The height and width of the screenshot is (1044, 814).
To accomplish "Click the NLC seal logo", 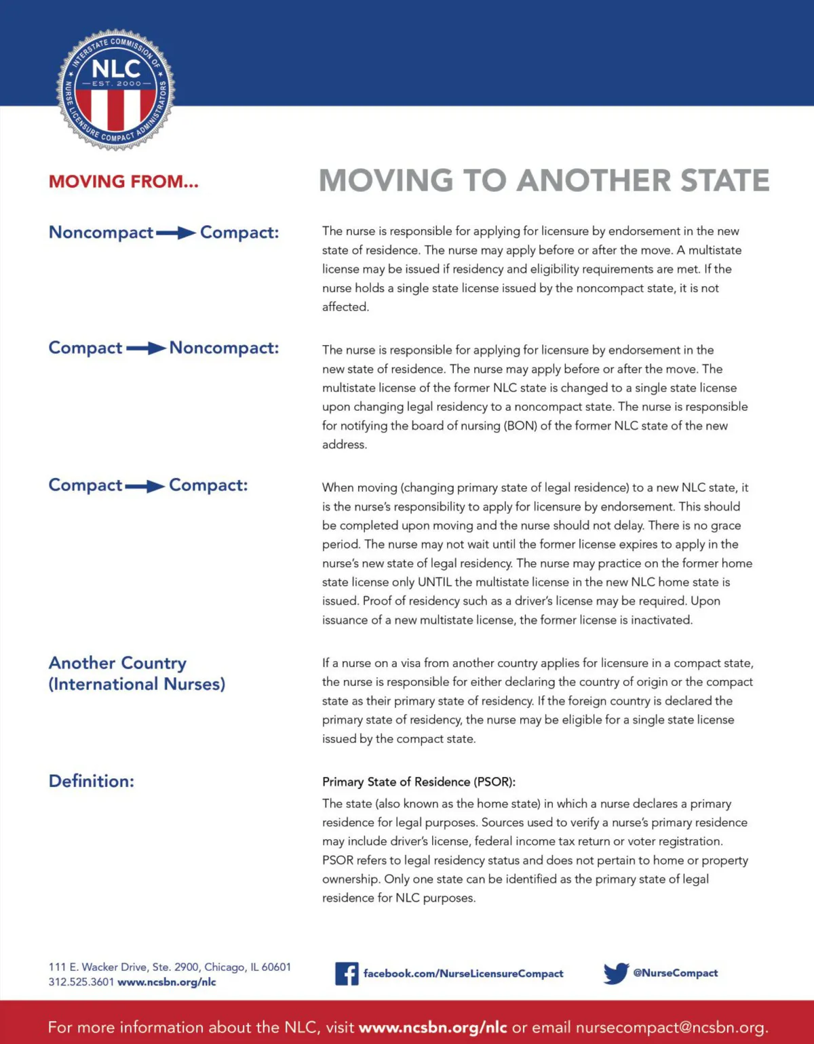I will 115,89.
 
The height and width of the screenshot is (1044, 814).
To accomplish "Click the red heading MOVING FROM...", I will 123,182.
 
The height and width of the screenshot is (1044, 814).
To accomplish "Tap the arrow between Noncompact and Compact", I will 176,233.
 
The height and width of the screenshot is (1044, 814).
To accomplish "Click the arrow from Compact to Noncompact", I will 146,348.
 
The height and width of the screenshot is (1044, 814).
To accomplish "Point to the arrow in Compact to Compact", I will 145,486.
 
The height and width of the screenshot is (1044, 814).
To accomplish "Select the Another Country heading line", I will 117,663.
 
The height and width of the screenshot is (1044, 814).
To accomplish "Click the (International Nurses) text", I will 136,684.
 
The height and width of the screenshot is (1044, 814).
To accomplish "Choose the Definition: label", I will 92,781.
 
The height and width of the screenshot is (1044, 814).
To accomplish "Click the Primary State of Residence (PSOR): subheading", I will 419,782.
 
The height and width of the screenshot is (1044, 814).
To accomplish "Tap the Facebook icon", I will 347,973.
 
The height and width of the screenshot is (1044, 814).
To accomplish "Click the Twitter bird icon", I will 615,973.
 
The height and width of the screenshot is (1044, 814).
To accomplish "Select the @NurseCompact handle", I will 675,973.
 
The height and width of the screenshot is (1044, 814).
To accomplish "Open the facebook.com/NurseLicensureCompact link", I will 463,973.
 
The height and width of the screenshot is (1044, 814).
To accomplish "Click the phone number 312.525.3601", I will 81,982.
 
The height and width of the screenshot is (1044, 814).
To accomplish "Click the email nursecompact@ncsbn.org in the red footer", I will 670,1027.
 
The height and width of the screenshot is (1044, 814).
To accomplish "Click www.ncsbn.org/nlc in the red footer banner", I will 433,1027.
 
